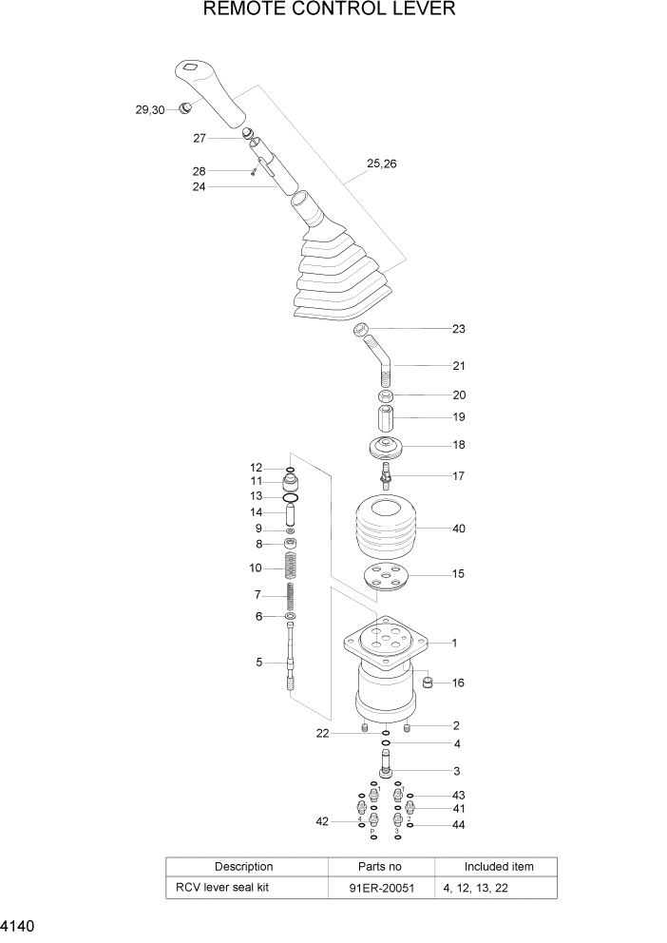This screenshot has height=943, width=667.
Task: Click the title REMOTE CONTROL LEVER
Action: pyautogui.click(x=329, y=10)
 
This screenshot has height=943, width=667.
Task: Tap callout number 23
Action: pyautogui.click(x=458, y=329)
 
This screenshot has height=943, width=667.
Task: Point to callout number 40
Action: pyautogui.click(x=458, y=528)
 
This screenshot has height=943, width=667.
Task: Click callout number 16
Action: pyautogui.click(x=458, y=683)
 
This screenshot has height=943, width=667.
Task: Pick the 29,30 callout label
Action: pyautogui.click(x=150, y=110)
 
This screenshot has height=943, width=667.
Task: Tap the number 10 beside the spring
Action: pyautogui.click(x=256, y=568)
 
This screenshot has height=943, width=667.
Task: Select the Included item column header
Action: pyautogui.click(x=498, y=867)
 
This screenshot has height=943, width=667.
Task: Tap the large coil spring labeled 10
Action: pyautogui.click(x=293, y=568)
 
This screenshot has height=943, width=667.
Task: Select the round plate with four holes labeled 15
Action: pyautogui.click(x=385, y=577)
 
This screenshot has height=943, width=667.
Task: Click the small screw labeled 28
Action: pyautogui.click(x=254, y=172)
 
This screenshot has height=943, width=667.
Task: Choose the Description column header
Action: pyautogui.click(x=243, y=867)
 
